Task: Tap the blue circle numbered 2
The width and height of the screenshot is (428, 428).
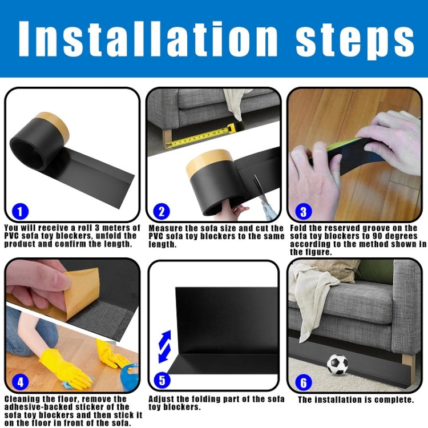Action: pos(161,212)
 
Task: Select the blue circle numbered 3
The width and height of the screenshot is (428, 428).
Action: pos(303,212)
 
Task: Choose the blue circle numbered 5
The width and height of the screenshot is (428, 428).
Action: pos(161,381)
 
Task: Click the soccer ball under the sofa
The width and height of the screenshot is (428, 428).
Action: pos(337,365)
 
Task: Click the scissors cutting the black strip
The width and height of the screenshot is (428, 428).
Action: pos(261,194)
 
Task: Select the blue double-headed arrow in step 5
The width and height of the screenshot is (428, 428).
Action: pos(164,346)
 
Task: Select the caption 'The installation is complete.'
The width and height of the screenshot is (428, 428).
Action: pos(356,400)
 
